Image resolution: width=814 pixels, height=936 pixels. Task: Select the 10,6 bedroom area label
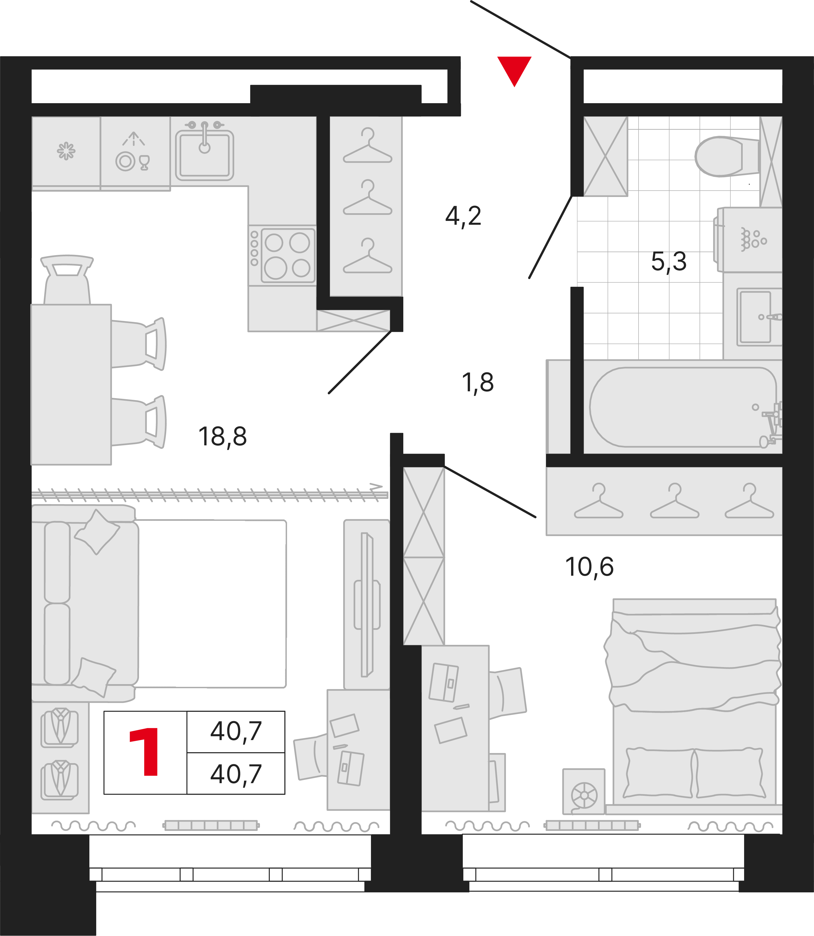click(589, 567)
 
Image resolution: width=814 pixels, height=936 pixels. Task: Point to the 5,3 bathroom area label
click(669, 262)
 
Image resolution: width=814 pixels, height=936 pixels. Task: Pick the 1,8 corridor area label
click(477, 383)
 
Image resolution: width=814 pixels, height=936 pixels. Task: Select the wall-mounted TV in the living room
click(367, 605)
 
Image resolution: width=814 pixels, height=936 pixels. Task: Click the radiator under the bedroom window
click(592, 825)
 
